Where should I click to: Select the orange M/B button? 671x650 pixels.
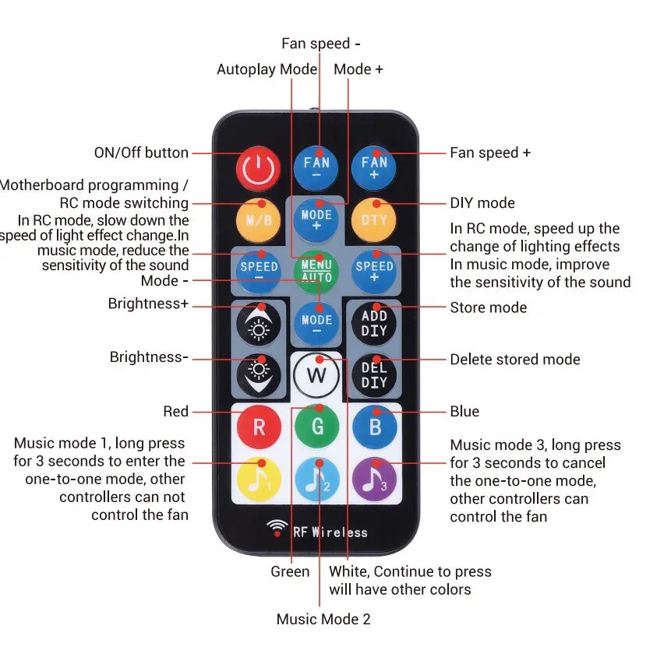click(x=259, y=220)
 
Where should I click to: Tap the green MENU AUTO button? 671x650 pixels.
click(x=317, y=271)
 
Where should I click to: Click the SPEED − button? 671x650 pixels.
click(x=259, y=271)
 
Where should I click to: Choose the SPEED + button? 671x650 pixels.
click(x=375, y=271)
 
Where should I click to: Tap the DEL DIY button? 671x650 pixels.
click(x=375, y=376)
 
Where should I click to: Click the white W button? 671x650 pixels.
click(x=317, y=376)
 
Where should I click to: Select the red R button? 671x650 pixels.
click(x=259, y=427)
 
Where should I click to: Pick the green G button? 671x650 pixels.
click(x=317, y=427)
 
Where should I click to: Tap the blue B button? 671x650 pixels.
click(x=375, y=427)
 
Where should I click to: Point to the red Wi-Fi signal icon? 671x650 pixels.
click(x=277, y=529)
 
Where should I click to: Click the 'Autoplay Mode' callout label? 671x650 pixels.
click(x=267, y=69)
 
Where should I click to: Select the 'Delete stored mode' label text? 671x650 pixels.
click(x=514, y=360)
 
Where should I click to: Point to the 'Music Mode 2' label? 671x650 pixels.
click(x=323, y=620)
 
